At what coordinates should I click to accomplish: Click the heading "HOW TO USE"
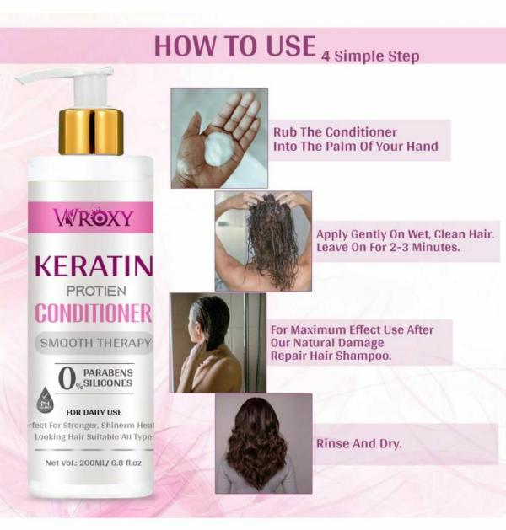point(234,46)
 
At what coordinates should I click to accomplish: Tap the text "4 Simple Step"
point(370,56)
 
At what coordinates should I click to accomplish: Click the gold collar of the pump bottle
point(90,131)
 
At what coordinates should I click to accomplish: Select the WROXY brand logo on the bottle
point(94,218)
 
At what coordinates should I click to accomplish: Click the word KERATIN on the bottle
point(93,268)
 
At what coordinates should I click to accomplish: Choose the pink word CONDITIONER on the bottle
point(93,313)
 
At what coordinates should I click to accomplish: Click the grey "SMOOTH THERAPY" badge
point(94,343)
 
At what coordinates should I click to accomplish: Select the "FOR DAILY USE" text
point(94,412)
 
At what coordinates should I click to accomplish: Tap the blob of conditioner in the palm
point(222,149)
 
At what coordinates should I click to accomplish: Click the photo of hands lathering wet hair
point(263,240)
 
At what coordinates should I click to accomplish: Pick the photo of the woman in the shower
point(218,342)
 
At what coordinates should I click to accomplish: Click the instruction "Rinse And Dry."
point(358,443)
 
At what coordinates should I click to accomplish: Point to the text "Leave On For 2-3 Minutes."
point(387,249)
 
